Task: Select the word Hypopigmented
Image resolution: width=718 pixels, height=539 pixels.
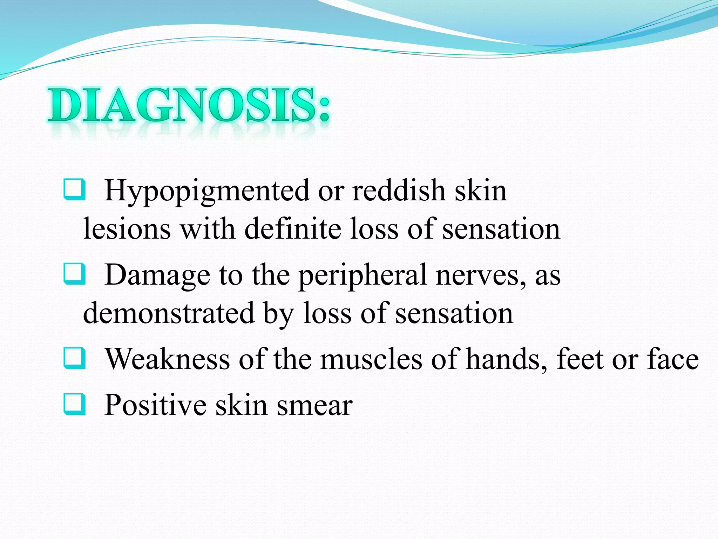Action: point(207,192)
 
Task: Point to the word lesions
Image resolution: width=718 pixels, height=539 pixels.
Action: point(127,229)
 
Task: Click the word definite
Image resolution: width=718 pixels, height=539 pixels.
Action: point(293,229)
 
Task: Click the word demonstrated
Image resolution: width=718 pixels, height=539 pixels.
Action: point(168,313)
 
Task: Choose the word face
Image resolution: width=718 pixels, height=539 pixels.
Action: point(673,360)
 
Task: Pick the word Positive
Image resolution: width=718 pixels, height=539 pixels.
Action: point(155,405)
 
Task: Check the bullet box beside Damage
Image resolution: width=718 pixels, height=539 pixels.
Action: point(74,274)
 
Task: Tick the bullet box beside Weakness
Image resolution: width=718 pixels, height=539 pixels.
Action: point(74,358)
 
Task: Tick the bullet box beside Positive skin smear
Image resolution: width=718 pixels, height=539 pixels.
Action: point(74,404)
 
